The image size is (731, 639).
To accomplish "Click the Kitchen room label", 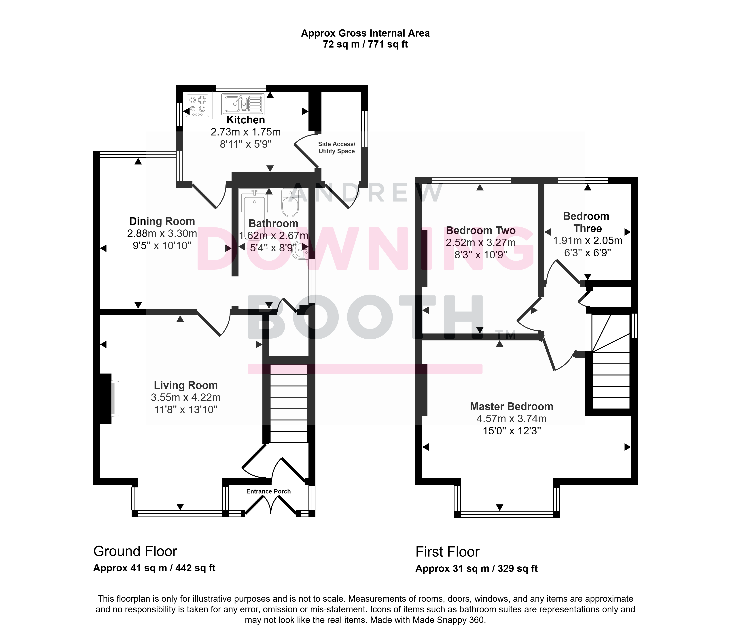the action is [246, 120].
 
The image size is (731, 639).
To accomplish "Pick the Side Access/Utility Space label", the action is [336, 148].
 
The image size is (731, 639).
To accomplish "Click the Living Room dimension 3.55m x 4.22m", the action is [186, 397].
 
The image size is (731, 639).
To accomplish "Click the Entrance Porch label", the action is [268, 491].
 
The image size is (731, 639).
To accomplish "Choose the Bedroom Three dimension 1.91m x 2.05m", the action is [587, 241].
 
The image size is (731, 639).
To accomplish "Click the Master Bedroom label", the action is [512, 406].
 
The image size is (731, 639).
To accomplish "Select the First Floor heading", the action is [447, 552].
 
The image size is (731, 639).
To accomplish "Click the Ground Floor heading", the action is [135, 551].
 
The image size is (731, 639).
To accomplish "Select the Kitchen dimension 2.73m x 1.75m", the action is [246, 132].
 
